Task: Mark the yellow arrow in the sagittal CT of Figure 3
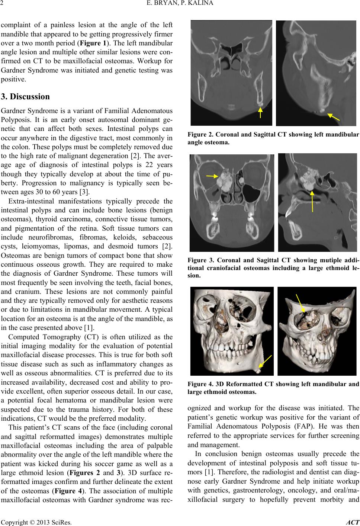(x=312, y=201)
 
